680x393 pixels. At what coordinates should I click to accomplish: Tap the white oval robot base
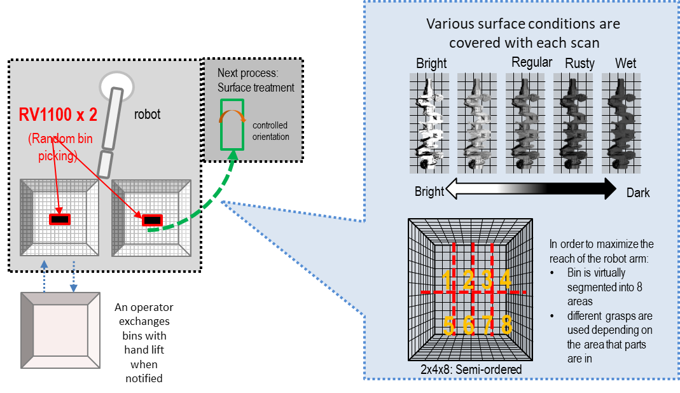coord(118,85)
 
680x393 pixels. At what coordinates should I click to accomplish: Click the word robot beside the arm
coord(147,114)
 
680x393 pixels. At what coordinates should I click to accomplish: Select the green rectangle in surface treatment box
coord(232,124)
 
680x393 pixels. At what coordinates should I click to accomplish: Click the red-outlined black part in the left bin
coord(60,219)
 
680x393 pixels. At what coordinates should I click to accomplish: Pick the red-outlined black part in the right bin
coord(151,220)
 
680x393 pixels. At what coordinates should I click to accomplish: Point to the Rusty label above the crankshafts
coord(579,64)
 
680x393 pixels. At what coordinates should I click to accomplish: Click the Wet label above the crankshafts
coord(626,64)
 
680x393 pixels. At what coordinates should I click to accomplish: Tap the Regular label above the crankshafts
coord(532,62)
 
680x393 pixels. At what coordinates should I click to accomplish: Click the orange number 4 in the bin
coord(505,279)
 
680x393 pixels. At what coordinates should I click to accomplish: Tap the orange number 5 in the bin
coord(449,326)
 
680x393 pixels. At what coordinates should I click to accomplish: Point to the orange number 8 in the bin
coord(506,326)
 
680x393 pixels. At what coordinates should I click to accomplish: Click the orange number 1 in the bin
coord(447,279)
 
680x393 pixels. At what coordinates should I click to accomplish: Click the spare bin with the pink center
coord(60,331)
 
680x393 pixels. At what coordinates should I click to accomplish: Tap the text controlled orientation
coord(270,131)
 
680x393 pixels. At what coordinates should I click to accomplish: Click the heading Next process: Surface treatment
coord(256,80)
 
